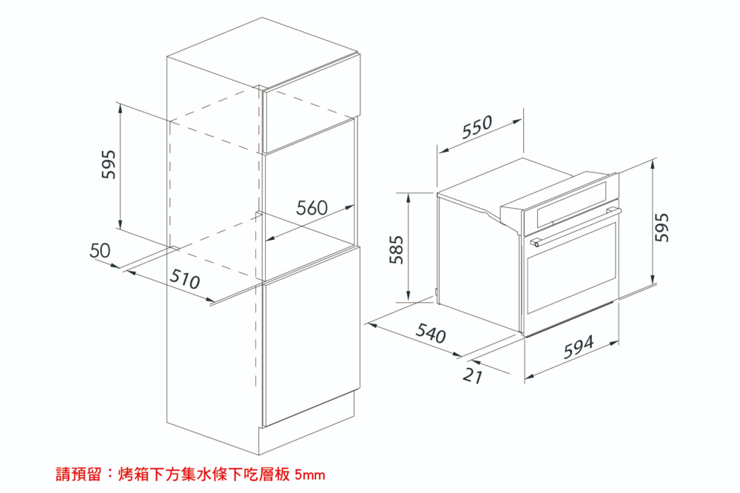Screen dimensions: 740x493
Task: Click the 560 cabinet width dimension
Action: pyautogui.click(x=312, y=208)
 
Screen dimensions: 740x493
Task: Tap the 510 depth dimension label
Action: pyautogui.click(x=184, y=278)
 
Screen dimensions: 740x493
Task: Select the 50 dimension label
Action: pyautogui.click(x=100, y=250)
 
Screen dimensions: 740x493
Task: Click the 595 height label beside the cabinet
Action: pyautogui.click(x=109, y=164)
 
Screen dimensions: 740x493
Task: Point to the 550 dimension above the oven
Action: pyautogui.click(x=477, y=127)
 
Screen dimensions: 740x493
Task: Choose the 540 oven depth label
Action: pyautogui.click(x=431, y=332)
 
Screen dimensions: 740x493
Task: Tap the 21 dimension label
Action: pyautogui.click(x=473, y=376)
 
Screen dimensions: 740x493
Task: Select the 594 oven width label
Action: pyautogui.click(x=579, y=347)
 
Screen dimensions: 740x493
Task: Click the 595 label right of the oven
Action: pyautogui.click(x=662, y=227)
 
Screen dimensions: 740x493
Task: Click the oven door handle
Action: pyautogui.click(x=575, y=227)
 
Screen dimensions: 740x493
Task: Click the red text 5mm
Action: pyautogui.click(x=309, y=474)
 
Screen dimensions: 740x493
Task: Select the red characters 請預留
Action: pyautogui.click(x=78, y=474)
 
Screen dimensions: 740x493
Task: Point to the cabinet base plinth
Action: pyautogui.click(x=306, y=423)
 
